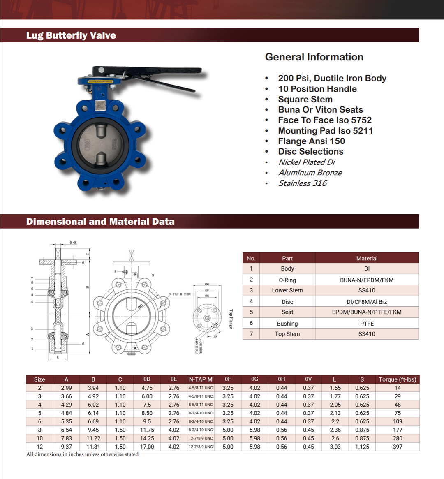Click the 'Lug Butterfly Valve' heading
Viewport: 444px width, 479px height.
(x=71, y=35)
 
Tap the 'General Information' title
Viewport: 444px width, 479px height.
(x=314, y=57)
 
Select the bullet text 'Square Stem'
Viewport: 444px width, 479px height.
(x=305, y=100)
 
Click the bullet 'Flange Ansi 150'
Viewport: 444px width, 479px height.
(x=311, y=141)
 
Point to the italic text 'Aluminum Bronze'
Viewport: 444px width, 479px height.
(x=310, y=173)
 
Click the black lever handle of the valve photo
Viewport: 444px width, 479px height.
(x=148, y=73)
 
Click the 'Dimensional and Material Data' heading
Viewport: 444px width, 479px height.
(x=100, y=222)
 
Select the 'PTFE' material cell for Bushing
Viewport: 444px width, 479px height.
(x=367, y=324)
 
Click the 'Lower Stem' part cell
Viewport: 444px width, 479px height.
(x=287, y=290)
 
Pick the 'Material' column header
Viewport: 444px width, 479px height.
(x=367, y=258)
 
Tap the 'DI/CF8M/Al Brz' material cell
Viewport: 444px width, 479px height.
(x=367, y=302)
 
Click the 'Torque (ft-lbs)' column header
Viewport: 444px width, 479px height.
(x=397, y=379)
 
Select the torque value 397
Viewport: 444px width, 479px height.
(x=397, y=447)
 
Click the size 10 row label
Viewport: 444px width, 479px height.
(x=39, y=438)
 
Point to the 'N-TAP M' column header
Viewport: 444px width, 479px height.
(x=201, y=379)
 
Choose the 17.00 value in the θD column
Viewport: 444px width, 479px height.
(x=147, y=447)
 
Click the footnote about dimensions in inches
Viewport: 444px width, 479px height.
(x=82, y=454)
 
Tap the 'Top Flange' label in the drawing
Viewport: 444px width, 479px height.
(x=231, y=319)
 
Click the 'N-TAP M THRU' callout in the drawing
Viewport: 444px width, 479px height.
(x=180, y=294)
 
